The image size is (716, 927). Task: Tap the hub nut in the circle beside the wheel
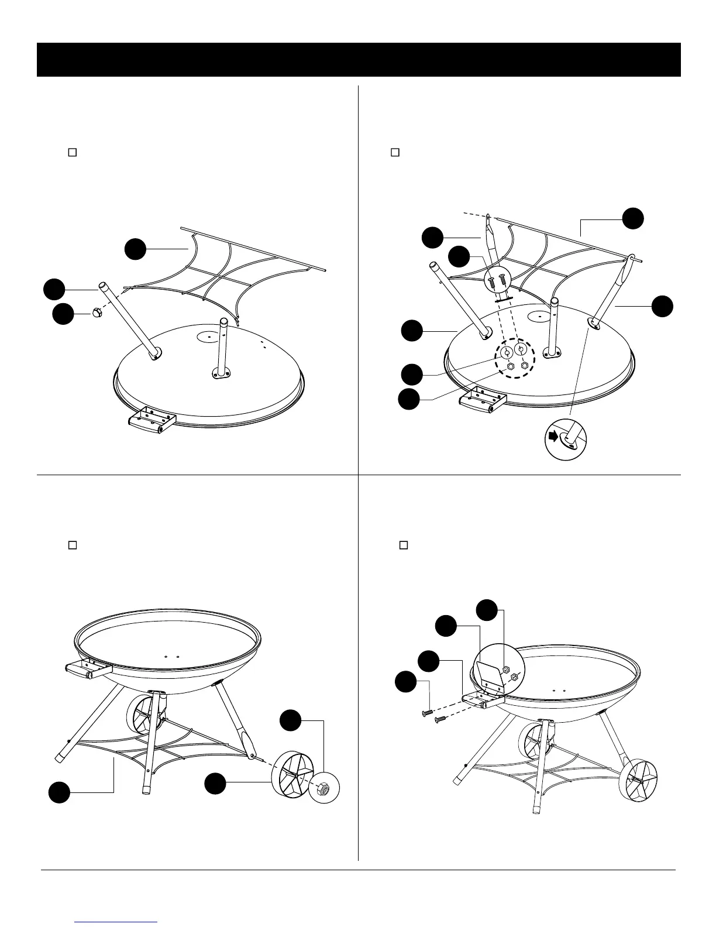323,788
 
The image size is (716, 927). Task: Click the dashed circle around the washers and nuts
514,359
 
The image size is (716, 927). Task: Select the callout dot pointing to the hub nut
291,720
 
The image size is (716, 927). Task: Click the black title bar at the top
358,60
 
